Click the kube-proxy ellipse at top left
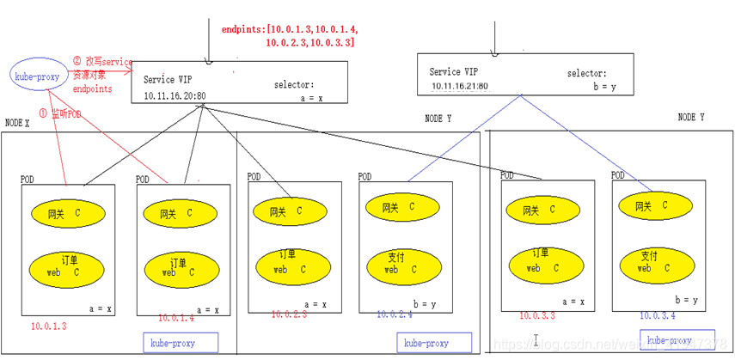point(34,76)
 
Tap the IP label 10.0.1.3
point(48,326)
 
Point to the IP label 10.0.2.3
point(289,315)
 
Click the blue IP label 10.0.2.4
point(395,314)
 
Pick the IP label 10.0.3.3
point(537,316)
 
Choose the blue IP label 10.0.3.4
point(657,316)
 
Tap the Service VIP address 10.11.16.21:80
point(460,86)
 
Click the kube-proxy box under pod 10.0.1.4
point(181,343)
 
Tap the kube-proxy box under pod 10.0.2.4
point(424,343)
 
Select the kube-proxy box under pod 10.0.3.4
point(677,339)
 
